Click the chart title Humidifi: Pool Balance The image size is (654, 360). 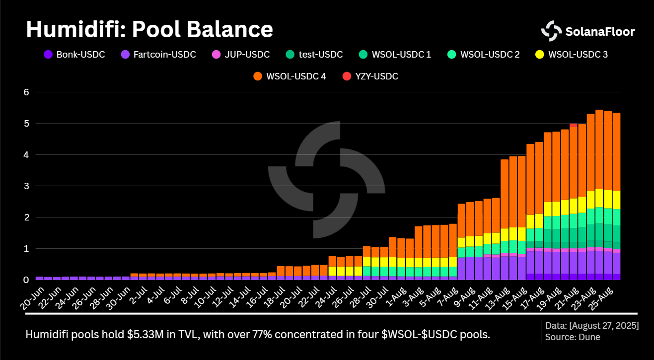[149, 29]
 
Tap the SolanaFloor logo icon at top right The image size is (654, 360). [551, 31]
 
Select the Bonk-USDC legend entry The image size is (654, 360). [74, 54]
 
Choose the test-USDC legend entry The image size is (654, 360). [314, 54]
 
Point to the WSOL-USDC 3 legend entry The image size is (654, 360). [572, 54]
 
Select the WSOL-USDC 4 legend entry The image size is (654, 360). [290, 76]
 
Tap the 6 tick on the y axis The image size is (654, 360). [26, 92]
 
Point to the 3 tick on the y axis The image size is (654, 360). [26, 186]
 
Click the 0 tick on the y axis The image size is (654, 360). [26, 280]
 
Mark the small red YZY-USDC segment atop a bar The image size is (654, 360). [573, 125]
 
